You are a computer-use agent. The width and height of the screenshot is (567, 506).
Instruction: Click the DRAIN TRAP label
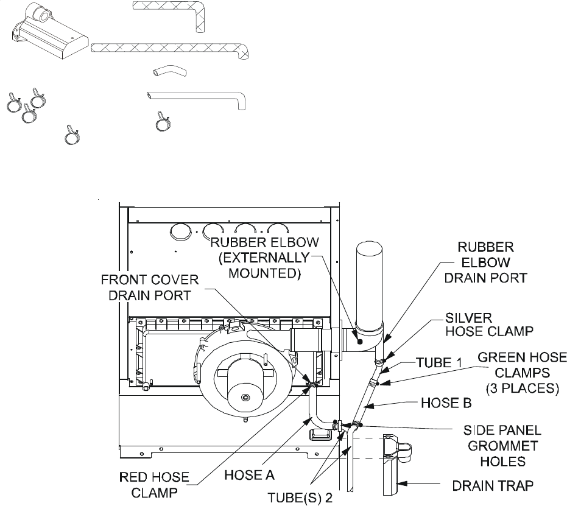[493, 485]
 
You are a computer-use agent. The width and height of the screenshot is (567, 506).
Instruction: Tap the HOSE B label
[446, 403]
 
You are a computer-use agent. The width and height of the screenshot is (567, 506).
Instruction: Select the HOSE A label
[250, 475]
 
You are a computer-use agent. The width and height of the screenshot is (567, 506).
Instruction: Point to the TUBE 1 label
[439, 362]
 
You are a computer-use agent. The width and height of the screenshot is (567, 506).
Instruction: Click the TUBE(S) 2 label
[300, 497]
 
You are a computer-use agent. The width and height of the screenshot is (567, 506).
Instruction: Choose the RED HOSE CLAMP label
[155, 485]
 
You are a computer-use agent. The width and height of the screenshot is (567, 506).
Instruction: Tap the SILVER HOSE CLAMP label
[489, 325]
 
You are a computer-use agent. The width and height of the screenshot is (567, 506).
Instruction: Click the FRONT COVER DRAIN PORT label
[150, 287]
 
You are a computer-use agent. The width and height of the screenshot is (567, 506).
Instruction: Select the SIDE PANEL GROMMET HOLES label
[502, 446]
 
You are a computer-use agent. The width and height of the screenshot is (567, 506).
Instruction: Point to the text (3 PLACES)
[523, 388]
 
